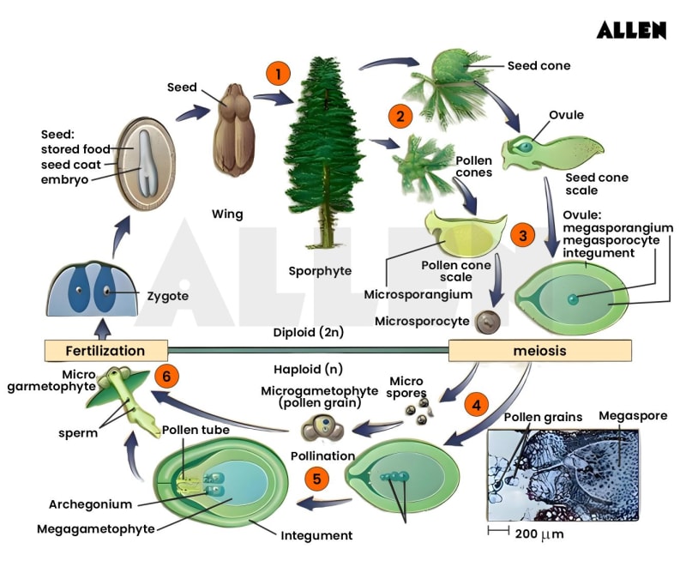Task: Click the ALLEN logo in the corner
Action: pos(631,30)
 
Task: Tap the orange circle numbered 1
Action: pos(277,72)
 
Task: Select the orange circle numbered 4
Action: pos(477,402)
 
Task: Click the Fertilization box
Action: pos(105,350)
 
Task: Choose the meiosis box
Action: pos(539,350)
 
